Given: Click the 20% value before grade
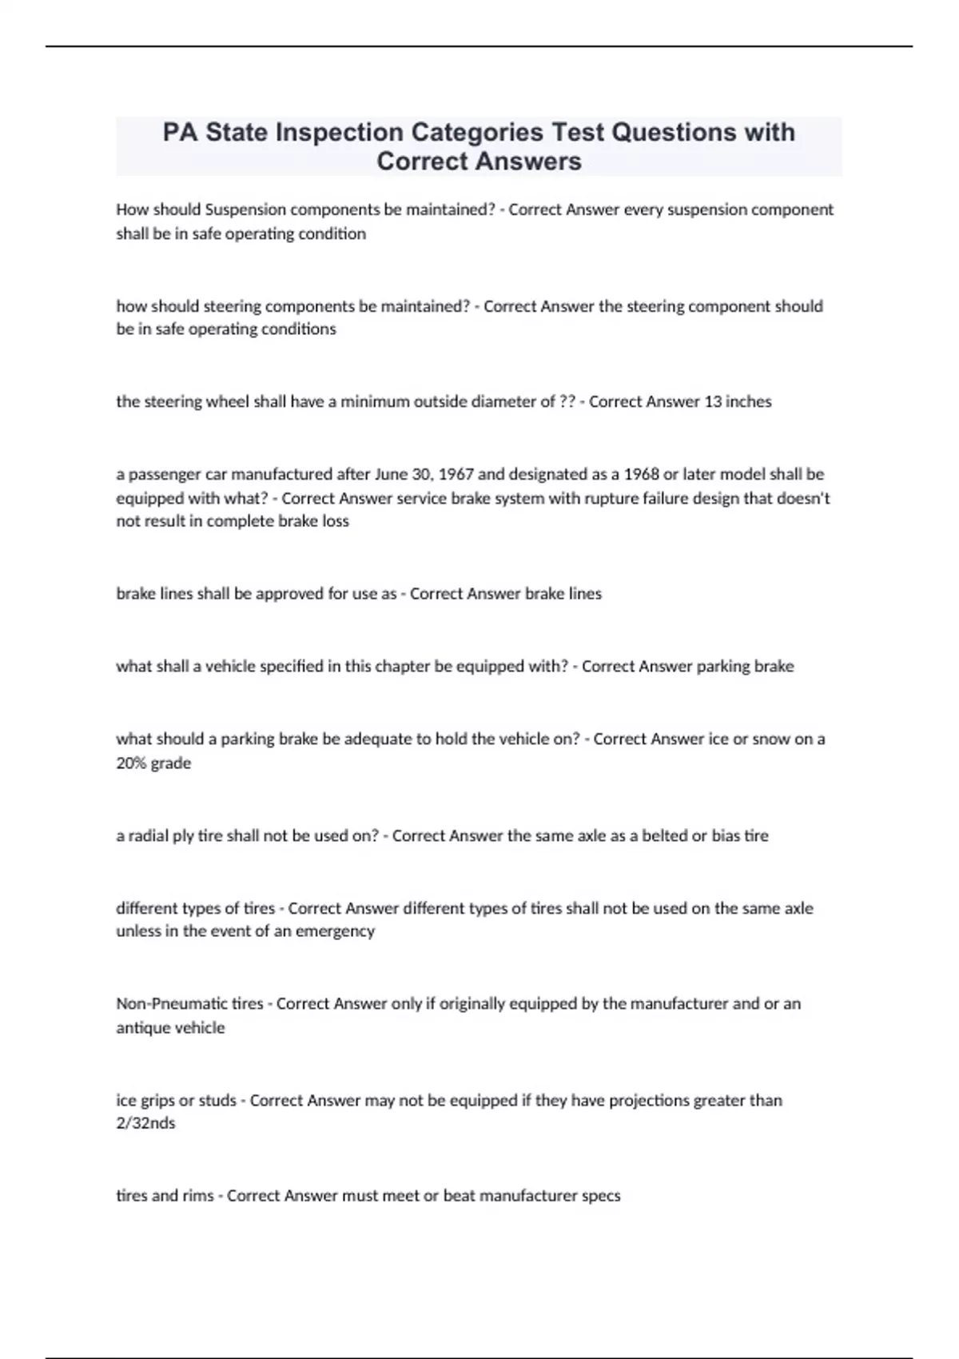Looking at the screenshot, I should coord(132,763).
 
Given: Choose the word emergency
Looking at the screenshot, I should coord(335,931).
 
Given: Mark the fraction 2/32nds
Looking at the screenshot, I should coord(145,1123).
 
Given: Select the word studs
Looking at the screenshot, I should coord(217,1100).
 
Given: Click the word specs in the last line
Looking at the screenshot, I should coord(601,1196).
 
